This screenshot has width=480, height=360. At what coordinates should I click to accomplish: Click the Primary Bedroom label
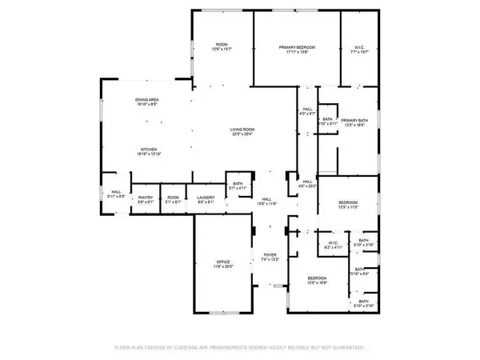[297, 48]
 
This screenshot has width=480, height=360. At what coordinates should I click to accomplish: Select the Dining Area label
[147, 99]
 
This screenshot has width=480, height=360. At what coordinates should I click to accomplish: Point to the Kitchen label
[147, 149]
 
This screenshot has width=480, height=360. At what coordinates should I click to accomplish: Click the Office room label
[222, 262]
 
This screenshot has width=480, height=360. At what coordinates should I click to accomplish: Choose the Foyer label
[270, 255]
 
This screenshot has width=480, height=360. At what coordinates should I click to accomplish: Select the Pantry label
[146, 198]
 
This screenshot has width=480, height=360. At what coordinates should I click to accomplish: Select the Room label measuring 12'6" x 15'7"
[222, 45]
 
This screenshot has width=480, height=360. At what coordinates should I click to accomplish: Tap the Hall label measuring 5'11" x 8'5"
[115, 192]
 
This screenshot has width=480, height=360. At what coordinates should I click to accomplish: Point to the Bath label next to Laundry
[238, 184]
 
